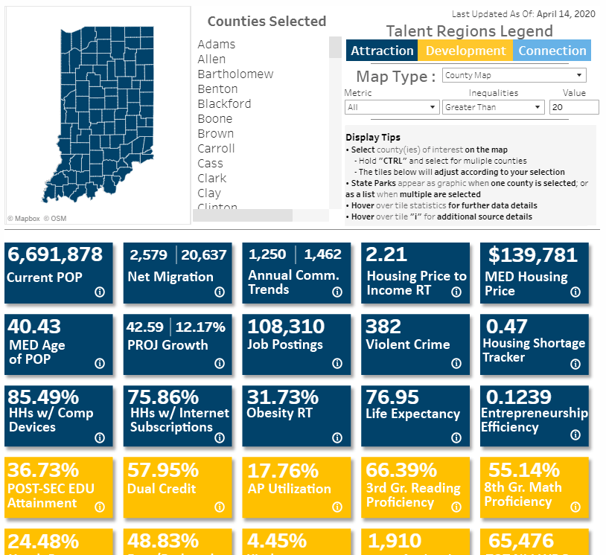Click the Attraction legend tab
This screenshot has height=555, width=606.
tap(382, 51)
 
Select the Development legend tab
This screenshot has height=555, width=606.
tap(465, 51)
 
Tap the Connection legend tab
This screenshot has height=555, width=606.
tap(552, 51)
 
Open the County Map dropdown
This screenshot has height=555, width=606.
tap(514, 75)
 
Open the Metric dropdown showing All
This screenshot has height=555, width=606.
tap(392, 107)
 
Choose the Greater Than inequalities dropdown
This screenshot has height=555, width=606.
tap(494, 107)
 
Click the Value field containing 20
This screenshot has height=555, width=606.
tap(573, 107)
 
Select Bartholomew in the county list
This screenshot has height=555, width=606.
tap(235, 74)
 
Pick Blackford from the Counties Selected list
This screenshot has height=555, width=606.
tap(224, 104)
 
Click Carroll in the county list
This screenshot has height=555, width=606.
tap(216, 149)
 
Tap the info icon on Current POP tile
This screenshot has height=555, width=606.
tap(100, 292)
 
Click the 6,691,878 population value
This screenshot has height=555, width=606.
tap(55, 254)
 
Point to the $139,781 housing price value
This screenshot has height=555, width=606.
tap(532, 254)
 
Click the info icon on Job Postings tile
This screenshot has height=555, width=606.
tap(337, 363)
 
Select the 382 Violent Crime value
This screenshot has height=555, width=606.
tap(383, 326)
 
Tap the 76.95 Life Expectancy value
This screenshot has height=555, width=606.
tap(392, 397)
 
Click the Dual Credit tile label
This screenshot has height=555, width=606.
tap(162, 489)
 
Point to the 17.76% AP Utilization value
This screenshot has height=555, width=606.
tap(282, 470)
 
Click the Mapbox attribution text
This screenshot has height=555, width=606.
tap(23, 219)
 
